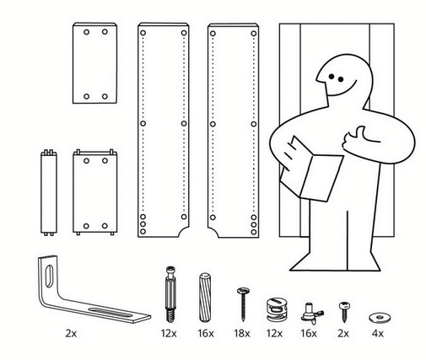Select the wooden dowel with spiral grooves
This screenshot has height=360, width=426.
click(205, 298)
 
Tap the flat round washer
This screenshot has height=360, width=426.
click(380, 318)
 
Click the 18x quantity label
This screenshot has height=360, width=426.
click(242, 334)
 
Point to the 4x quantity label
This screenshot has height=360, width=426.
click(377, 334)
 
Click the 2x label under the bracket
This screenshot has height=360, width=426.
click(71, 334)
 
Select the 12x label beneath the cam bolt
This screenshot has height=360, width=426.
click(169, 334)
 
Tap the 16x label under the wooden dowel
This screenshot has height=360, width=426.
click(206, 334)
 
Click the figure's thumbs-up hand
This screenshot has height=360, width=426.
click(357, 138)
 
